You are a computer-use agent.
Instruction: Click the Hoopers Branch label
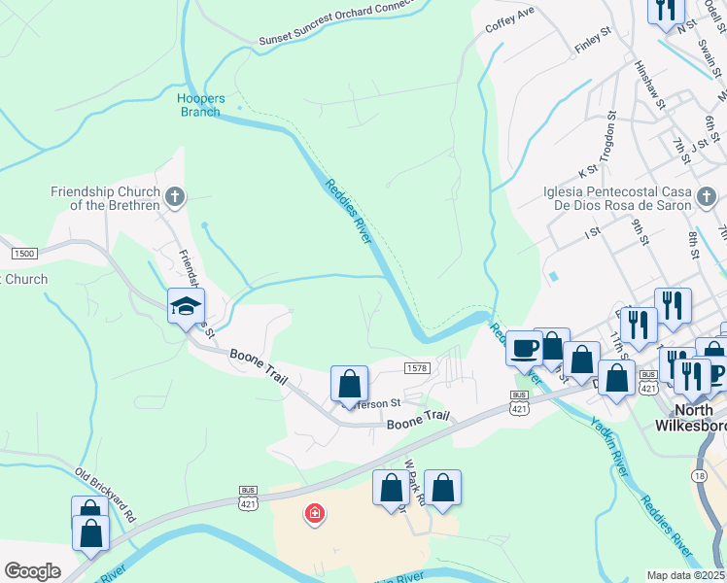point(202,105)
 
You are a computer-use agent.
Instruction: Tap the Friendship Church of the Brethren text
point(106,198)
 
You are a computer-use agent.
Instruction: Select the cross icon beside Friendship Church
point(175,198)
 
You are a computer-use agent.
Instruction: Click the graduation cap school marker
point(186,308)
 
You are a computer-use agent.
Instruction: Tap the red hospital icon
point(314,513)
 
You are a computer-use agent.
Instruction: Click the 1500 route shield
point(24,254)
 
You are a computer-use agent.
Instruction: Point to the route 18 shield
point(699,475)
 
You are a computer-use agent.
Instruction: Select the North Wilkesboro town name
point(689,417)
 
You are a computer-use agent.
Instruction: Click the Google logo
point(33,570)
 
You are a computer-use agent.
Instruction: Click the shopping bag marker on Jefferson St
point(349,384)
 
